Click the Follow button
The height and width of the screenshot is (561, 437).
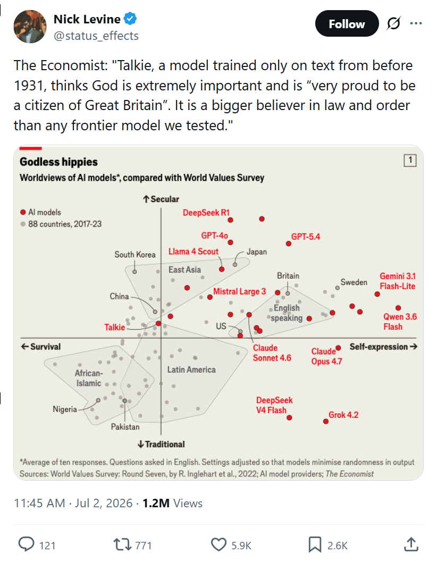tap(347, 23)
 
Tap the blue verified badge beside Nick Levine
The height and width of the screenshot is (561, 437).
tap(130, 19)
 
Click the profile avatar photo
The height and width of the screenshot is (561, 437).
tap(30, 27)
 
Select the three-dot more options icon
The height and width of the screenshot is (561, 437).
tap(416, 23)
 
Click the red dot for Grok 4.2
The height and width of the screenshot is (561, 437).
tap(326, 422)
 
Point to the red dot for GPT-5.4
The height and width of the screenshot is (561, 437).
tap(289, 244)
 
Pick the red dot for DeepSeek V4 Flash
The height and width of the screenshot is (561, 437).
tap(289, 417)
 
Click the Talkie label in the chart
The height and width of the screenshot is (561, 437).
tap(114, 328)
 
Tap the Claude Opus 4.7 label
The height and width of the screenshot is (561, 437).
tap(326, 356)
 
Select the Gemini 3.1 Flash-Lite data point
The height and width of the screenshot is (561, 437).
tap(377, 294)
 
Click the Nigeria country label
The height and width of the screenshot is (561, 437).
tap(65, 409)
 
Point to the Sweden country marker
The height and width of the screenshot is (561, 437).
tap(337, 288)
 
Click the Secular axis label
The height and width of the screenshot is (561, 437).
tap(161, 199)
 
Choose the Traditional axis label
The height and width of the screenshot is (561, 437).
tap(161, 445)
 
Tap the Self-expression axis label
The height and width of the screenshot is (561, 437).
tap(383, 347)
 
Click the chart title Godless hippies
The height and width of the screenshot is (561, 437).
tap(58, 162)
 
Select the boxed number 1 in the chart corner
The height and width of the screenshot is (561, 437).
tap(410, 160)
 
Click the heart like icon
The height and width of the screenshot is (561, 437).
tap(218, 545)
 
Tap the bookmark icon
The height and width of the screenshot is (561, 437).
tap(315, 545)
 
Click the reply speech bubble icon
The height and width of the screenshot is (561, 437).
tap(27, 544)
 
